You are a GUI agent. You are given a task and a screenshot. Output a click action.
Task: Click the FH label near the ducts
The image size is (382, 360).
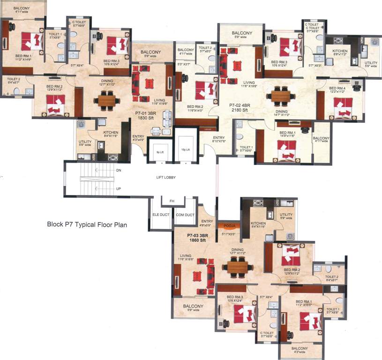(172, 201)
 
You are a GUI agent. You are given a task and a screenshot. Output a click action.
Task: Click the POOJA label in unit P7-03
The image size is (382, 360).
(229, 225)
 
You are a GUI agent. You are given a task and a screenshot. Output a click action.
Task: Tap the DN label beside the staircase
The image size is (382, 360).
(119, 171)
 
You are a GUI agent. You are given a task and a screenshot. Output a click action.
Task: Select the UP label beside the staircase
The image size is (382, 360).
(119, 188)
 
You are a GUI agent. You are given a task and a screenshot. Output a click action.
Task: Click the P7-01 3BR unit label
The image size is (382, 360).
(145, 113)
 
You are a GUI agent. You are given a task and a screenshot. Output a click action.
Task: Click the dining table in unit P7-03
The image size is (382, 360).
(238, 266)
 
